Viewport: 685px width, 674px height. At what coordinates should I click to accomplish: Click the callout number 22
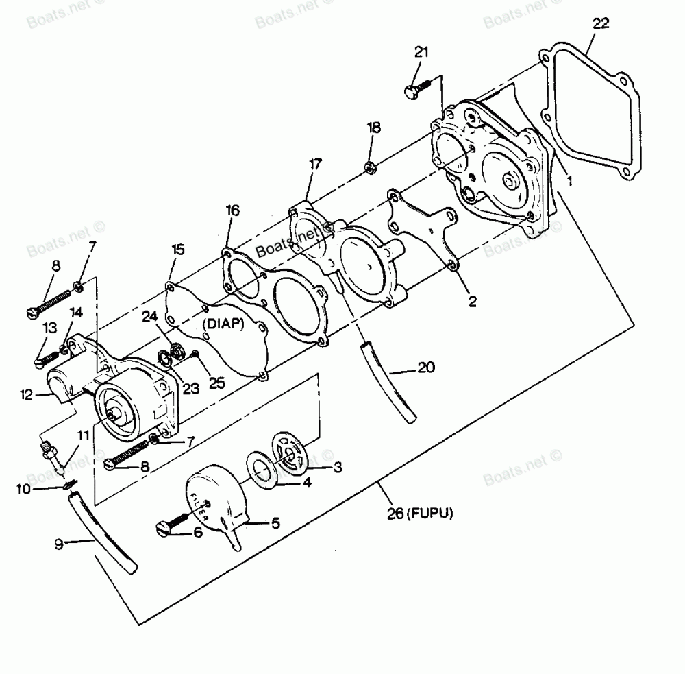tap(600, 24)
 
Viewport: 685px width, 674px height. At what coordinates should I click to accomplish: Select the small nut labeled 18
tap(370, 166)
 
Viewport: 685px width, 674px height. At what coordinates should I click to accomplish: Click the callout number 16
tap(232, 211)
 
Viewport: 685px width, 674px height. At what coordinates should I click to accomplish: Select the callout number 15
tap(177, 250)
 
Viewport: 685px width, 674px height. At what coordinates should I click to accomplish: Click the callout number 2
tap(473, 300)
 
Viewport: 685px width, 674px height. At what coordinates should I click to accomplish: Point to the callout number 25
tap(216, 382)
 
